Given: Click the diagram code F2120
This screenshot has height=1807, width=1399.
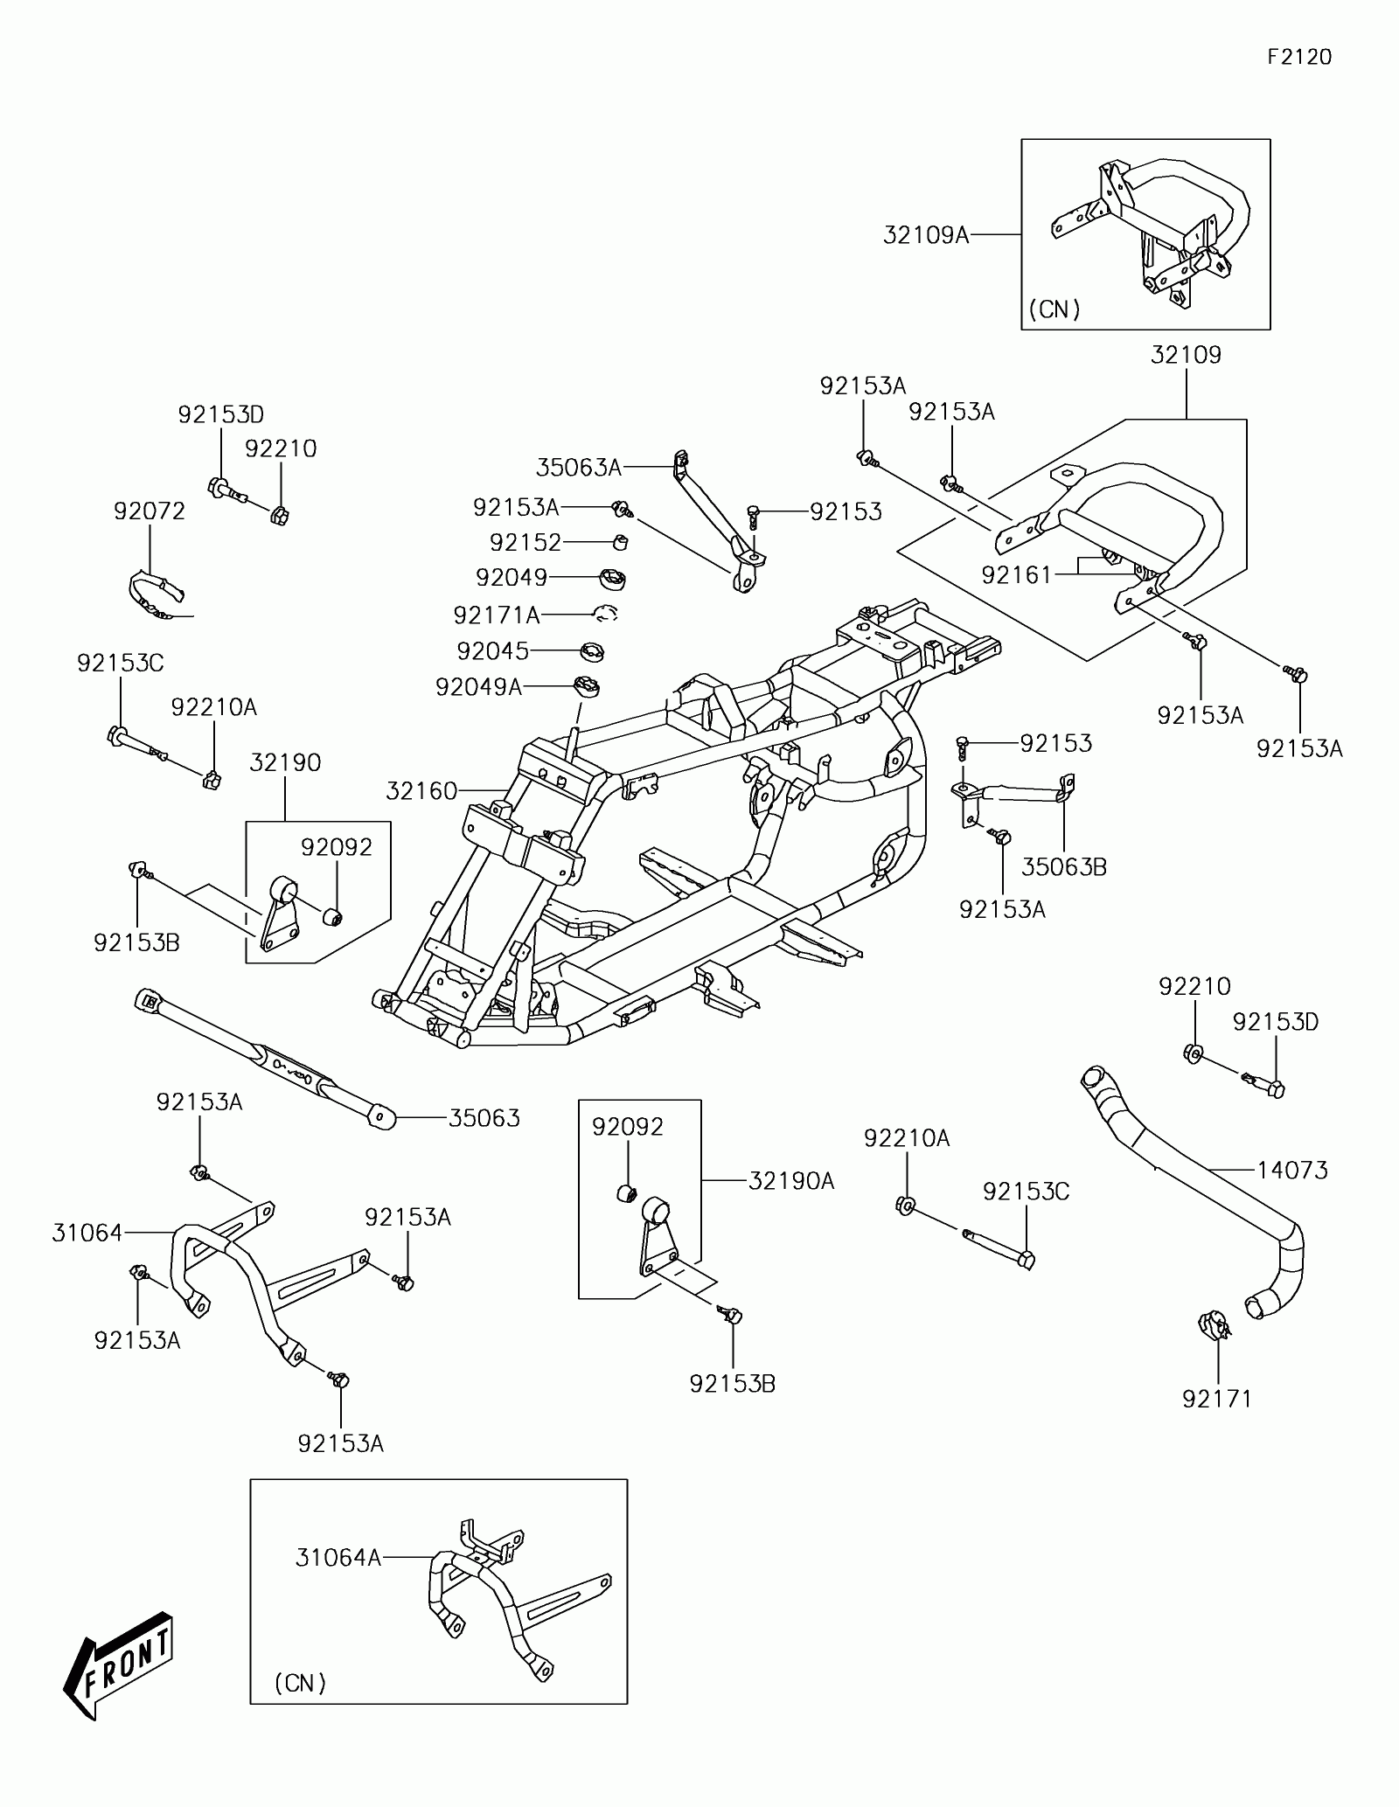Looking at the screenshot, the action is (x=1299, y=58).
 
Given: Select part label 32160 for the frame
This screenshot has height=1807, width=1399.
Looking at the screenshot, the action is (x=421, y=791).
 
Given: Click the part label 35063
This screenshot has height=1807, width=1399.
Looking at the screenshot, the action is (x=484, y=1118).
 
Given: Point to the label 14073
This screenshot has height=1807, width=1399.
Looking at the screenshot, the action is (x=1292, y=1170).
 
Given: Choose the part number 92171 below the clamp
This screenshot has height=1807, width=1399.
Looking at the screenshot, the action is (x=1217, y=1399).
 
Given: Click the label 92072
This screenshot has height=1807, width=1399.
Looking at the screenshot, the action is (x=150, y=511).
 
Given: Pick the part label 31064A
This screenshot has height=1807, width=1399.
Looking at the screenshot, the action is (x=338, y=1557).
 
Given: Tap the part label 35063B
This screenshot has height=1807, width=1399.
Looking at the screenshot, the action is (x=1064, y=866).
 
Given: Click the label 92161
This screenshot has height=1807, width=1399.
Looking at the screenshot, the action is (x=1017, y=574).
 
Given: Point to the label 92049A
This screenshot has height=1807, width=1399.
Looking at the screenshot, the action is (x=478, y=687).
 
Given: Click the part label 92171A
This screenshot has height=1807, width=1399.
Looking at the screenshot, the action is (x=497, y=615).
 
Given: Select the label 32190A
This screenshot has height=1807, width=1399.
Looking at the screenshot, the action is (x=791, y=1181).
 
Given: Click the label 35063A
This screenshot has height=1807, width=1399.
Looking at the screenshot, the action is (x=578, y=468).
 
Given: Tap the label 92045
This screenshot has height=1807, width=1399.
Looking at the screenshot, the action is (x=493, y=651).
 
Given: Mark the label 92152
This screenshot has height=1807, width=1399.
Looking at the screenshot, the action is (x=525, y=542).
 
